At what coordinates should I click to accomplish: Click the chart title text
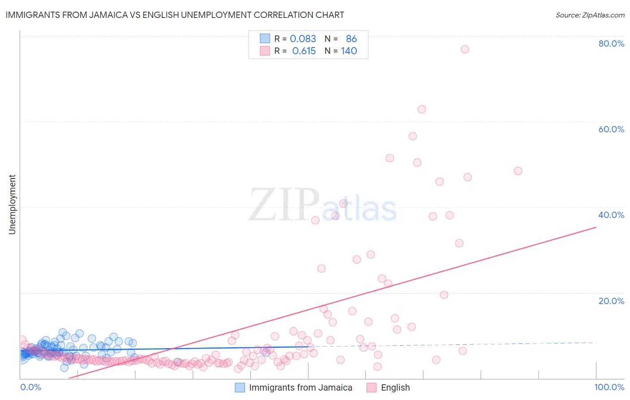175,15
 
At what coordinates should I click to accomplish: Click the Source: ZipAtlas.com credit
590,15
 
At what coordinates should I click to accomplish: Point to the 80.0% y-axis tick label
611,43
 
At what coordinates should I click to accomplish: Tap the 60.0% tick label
611,129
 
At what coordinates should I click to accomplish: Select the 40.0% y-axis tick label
611,215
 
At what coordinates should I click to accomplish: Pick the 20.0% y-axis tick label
611,301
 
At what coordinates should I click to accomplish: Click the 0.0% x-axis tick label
30,387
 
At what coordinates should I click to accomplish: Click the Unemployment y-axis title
12,204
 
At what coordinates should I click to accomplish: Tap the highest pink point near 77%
465,49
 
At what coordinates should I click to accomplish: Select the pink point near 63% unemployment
422,109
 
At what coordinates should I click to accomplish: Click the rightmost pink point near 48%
518,171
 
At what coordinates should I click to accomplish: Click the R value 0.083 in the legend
303,39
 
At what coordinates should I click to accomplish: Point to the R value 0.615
304,51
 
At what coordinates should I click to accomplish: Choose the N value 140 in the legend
349,51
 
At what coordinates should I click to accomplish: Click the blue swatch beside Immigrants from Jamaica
240,387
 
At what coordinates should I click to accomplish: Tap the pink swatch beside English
371,387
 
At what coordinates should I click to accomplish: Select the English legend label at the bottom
395,387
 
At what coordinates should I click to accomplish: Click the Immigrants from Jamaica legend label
301,387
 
